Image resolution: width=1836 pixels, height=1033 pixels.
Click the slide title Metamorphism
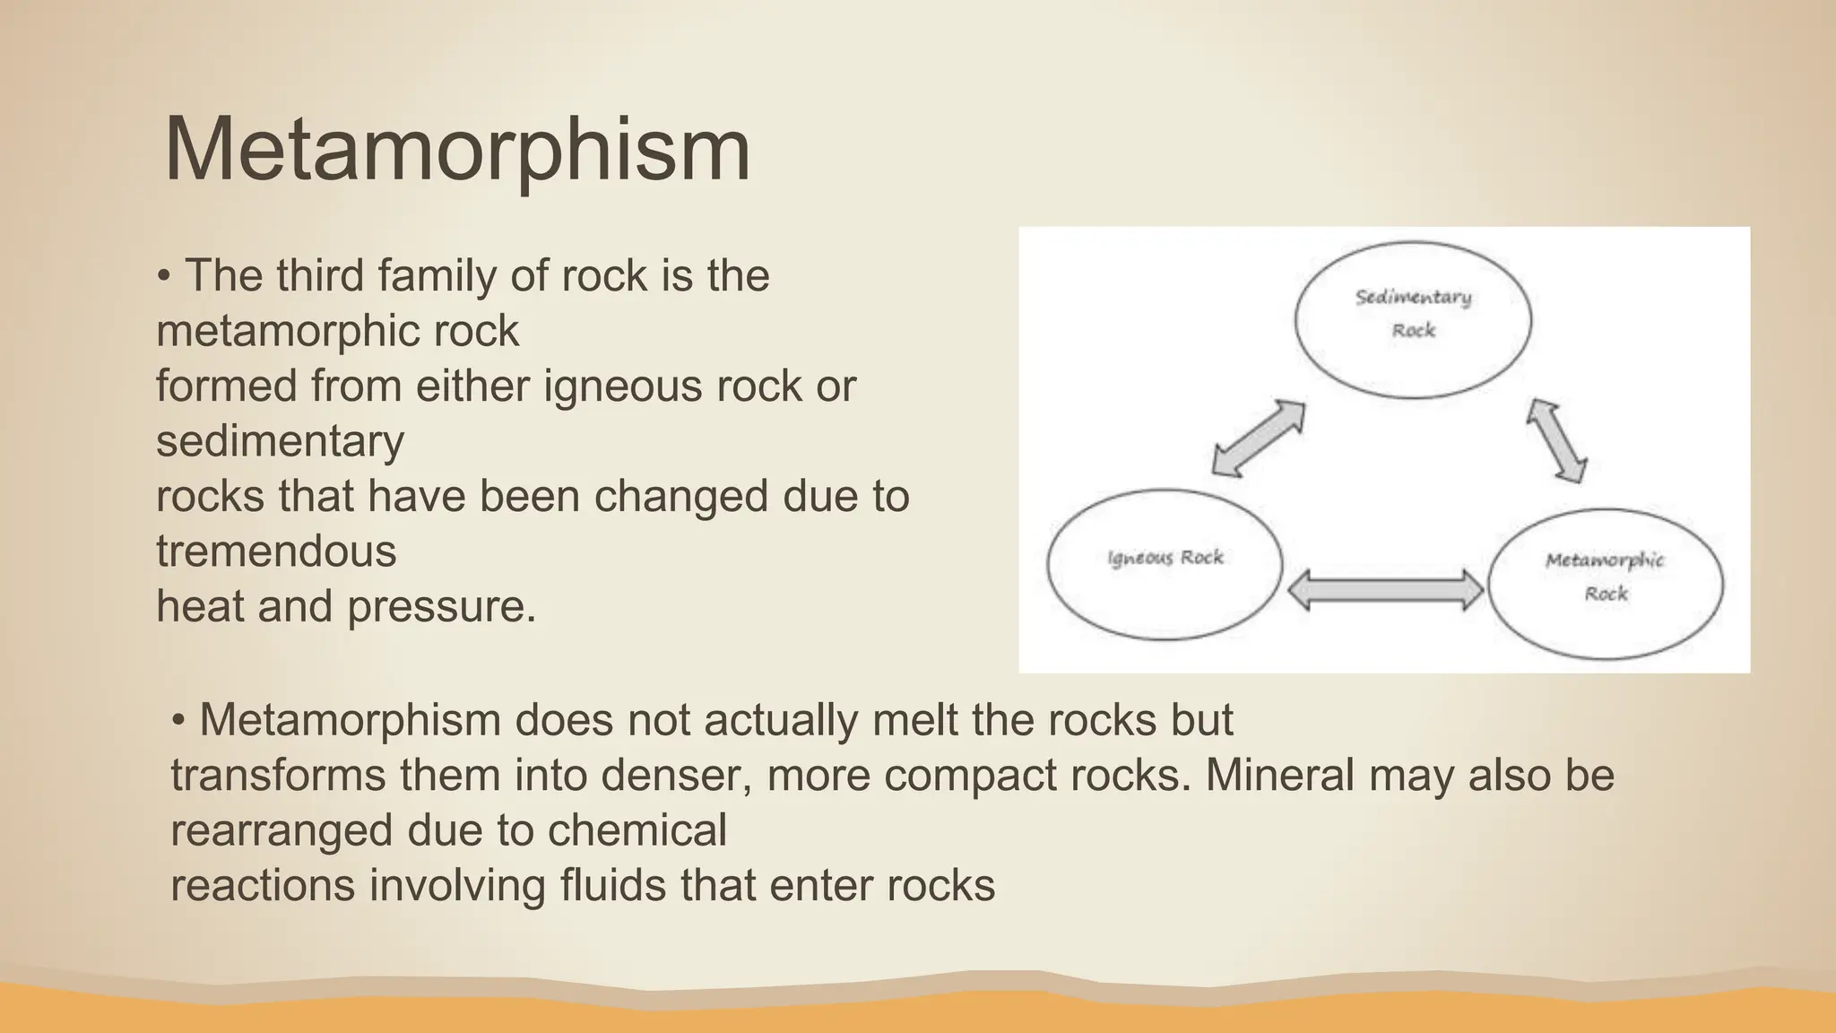point(457,150)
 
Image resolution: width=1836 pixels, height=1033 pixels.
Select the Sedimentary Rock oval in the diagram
point(1413,318)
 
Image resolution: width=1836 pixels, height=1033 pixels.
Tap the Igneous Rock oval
point(1165,563)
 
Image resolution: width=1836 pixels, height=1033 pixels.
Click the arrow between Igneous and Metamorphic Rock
point(1385,589)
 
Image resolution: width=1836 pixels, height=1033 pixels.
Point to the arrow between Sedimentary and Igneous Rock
point(1258,438)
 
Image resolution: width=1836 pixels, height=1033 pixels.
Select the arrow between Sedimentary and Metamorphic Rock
point(1557,440)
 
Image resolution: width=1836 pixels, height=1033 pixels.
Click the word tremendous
point(276,551)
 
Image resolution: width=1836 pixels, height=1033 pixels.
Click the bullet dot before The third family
point(163,276)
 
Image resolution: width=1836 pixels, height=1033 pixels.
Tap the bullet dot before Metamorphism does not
point(178,720)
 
